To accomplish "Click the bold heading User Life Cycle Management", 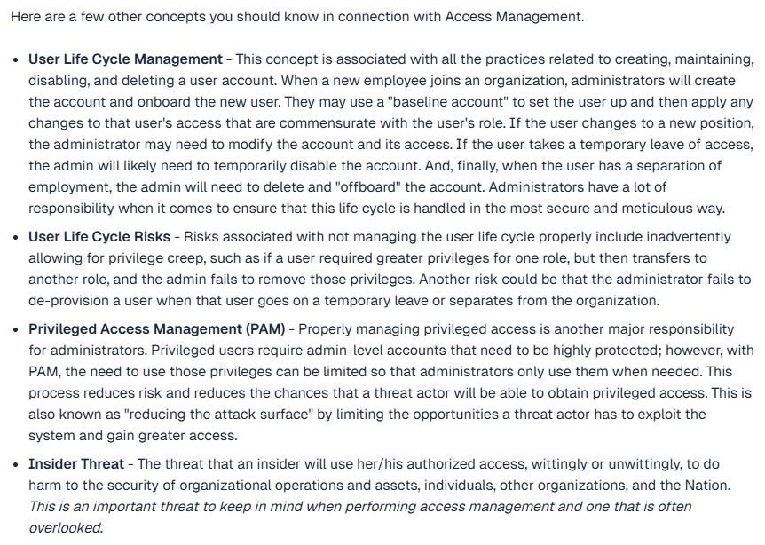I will click(125, 59).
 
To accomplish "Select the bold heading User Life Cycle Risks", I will click(100, 237).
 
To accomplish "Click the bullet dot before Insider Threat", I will click(16, 464).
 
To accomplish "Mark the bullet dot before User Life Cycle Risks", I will click(16, 237).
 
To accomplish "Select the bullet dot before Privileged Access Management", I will click(16, 329).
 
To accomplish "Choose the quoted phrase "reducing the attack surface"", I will click(185, 415).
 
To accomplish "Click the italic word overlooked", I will click(65, 528).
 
